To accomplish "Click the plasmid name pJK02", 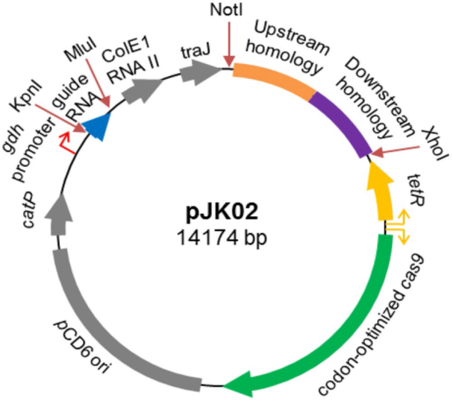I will [x=222, y=212].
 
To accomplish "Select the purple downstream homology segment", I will [x=343, y=120].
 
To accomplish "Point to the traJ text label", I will [x=195, y=51].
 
